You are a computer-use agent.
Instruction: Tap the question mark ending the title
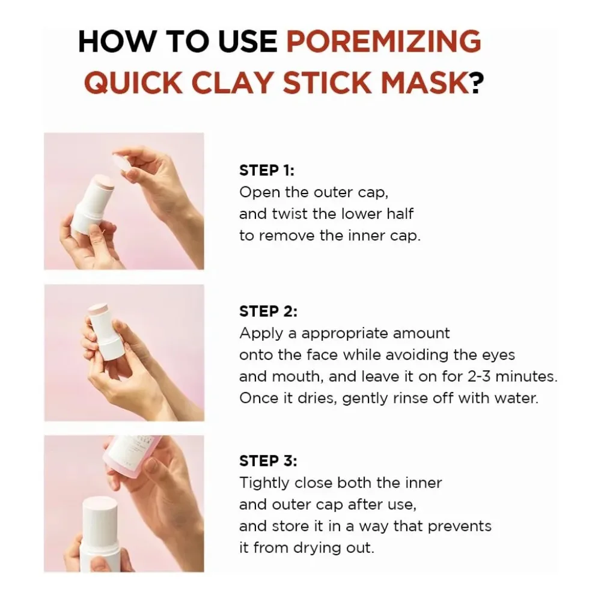pyautogui.click(x=477, y=82)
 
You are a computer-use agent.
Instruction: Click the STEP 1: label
pyautogui.click(x=267, y=170)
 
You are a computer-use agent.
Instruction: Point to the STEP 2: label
pyautogui.click(x=268, y=311)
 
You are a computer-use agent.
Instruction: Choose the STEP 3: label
pyautogui.click(x=268, y=461)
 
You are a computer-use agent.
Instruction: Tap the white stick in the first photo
pyautogui.click(x=89, y=204)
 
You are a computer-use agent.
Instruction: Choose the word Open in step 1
pyautogui.click(x=257, y=192)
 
